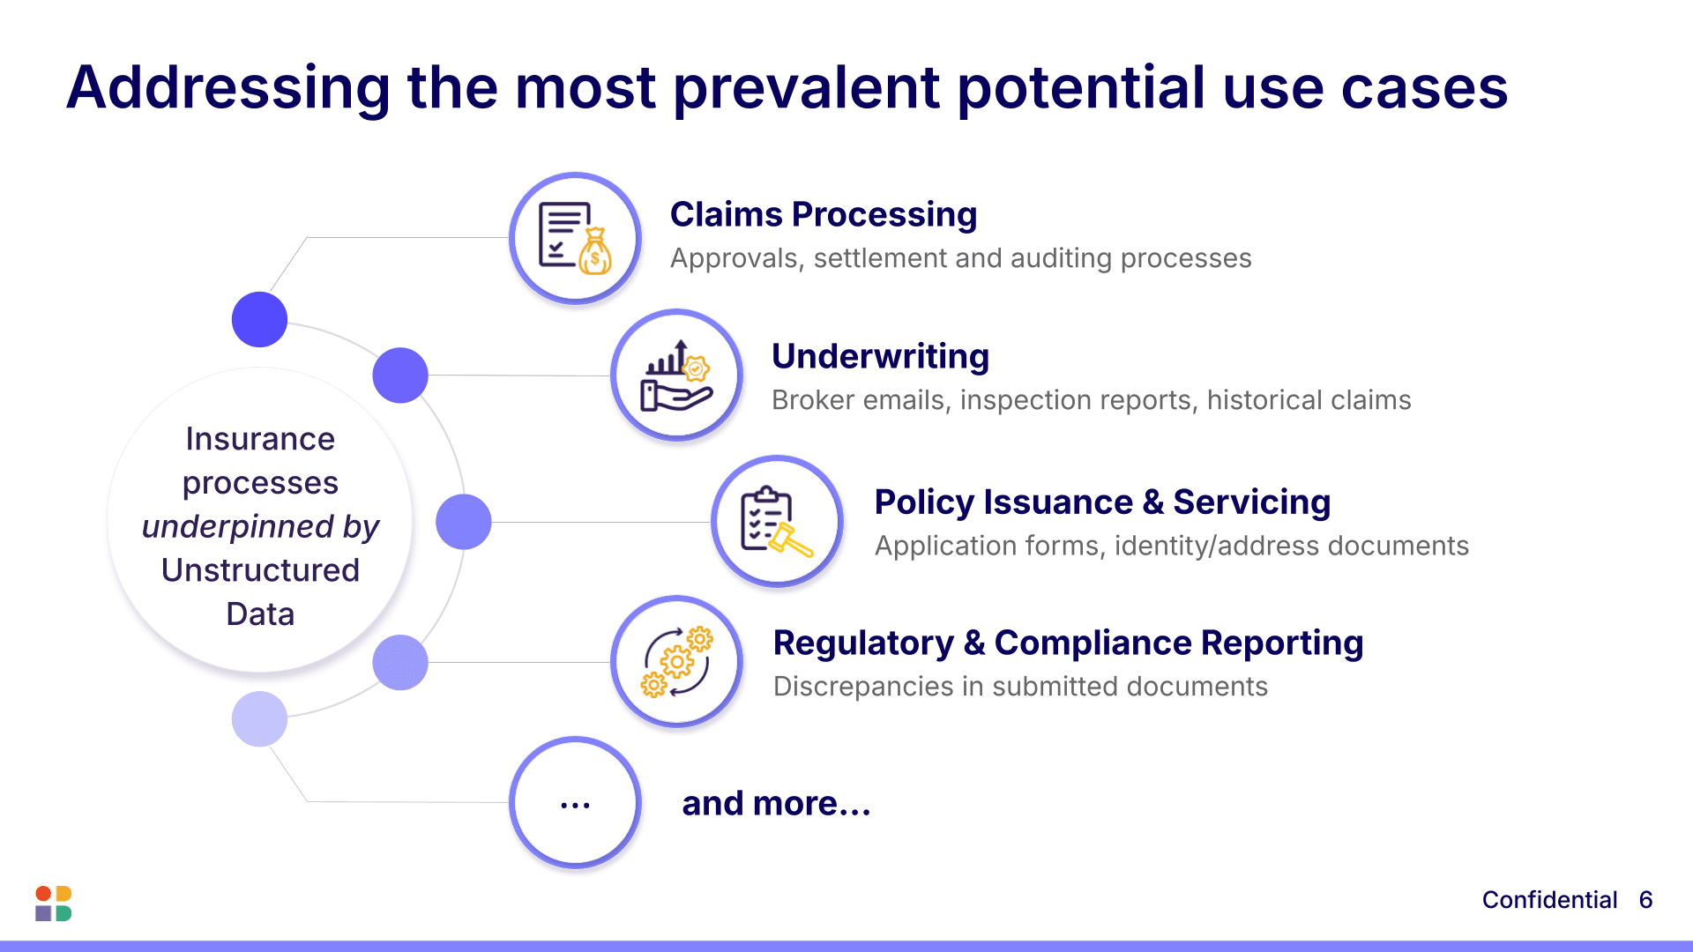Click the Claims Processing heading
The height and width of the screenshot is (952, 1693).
823,215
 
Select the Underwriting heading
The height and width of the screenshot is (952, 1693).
880,357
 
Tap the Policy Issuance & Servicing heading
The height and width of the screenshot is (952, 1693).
1102,502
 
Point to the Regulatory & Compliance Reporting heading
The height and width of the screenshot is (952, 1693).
1068,643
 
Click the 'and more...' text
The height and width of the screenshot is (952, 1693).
776,804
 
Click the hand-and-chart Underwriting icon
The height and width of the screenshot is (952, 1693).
676,376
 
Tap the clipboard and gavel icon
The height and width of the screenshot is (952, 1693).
777,521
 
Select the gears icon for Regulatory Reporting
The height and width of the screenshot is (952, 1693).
676,662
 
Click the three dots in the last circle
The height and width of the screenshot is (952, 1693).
575,805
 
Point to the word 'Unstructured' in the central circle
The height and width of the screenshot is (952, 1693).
260,570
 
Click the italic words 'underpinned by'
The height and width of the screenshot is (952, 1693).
260,526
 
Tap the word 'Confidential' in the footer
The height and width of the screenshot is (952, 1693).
1549,900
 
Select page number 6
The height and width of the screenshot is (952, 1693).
1645,900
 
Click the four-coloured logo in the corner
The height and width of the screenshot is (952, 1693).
53,904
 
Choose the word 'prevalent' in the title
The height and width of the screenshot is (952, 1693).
806,88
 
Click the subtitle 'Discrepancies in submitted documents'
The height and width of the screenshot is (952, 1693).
1020,687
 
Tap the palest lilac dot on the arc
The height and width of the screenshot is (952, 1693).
259,719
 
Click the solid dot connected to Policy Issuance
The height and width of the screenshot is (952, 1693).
464,522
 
